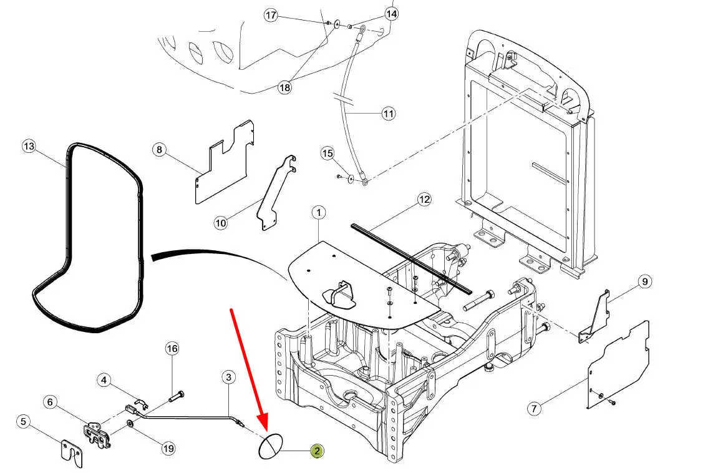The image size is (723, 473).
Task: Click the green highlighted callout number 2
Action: pos(317,451)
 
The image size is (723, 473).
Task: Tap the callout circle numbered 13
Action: pos(29,147)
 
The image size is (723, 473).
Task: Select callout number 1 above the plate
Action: pos(318,213)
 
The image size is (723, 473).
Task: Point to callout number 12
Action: pos(424,200)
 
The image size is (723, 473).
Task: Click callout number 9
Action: pos(644,282)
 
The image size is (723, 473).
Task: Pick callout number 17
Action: pos(270,16)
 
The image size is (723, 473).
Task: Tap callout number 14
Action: pos(391,13)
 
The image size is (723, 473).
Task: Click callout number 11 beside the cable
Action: pos(388,114)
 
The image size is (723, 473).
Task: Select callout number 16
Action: pos(172,348)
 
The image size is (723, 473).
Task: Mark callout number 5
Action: pos(24,422)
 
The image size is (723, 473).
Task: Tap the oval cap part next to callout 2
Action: pos(271,447)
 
